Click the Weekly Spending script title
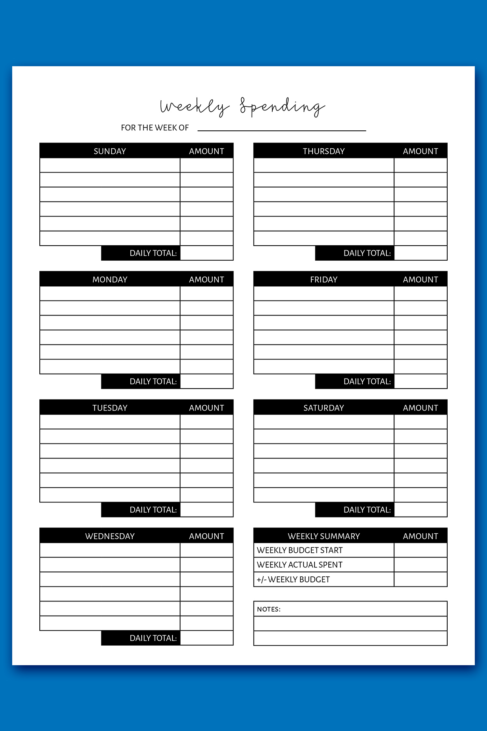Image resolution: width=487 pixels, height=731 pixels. click(242, 107)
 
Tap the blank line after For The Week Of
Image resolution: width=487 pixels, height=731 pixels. click(282, 129)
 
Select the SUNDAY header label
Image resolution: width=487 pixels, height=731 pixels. click(110, 151)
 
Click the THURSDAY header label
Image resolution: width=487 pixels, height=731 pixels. click(323, 151)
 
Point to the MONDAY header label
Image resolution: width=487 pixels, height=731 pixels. click(110, 279)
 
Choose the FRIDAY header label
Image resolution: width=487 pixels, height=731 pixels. click(323, 279)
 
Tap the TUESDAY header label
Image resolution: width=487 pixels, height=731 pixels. click(110, 408)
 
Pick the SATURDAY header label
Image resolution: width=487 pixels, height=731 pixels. click(323, 408)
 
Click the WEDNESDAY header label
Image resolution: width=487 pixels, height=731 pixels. click(110, 536)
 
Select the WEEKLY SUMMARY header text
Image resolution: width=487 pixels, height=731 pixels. click(323, 536)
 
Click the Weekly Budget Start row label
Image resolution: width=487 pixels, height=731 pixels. click(300, 550)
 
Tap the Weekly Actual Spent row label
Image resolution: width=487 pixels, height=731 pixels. click(300, 565)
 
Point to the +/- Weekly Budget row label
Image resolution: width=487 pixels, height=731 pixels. click(293, 580)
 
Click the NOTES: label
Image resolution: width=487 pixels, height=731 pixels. click(269, 609)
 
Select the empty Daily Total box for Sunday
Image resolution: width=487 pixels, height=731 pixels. click(207, 253)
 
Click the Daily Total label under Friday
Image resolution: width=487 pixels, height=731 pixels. click(367, 381)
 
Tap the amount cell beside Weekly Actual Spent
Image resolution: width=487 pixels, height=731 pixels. click(420, 565)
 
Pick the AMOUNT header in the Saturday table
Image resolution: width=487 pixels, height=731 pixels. click(420, 408)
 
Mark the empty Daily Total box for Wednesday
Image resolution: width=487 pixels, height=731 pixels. click(207, 638)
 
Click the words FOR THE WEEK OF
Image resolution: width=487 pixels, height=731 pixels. click(155, 128)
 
